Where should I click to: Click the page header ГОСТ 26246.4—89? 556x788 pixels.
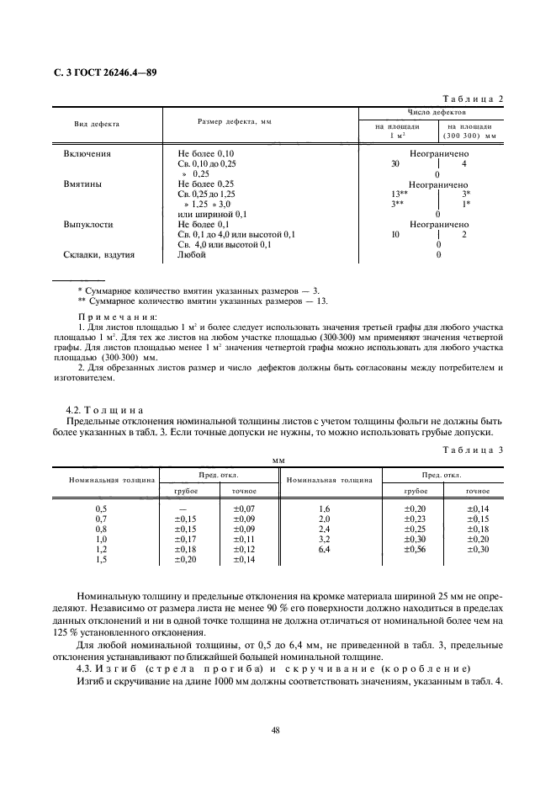(x=99, y=72)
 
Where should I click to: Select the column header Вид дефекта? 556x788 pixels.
(x=97, y=124)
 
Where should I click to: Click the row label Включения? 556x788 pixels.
(x=87, y=154)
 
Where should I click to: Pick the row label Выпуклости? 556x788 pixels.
(x=88, y=225)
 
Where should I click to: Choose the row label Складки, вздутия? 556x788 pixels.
(x=99, y=254)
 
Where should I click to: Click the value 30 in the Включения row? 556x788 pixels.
(x=395, y=164)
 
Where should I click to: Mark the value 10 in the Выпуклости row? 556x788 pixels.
(x=395, y=235)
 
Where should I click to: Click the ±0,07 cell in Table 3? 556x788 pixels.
(x=244, y=509)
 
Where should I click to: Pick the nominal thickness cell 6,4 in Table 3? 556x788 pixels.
(x=326, y=549)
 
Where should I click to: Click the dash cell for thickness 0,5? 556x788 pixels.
(x=184, y=509)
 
